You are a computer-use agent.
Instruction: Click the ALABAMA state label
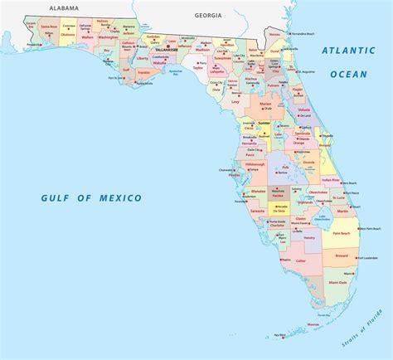pos(63,7)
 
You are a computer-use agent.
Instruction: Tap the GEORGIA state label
pos(208,15)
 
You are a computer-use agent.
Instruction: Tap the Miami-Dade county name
pos(338,282)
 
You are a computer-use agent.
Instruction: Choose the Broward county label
pos(341,255)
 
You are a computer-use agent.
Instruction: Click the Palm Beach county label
pos(342,233)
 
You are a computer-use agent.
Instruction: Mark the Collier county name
pos(301,260)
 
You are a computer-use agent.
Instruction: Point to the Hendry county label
pos(308,237)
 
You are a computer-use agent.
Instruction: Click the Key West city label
pos(280,335)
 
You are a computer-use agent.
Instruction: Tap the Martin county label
pos(342,212)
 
